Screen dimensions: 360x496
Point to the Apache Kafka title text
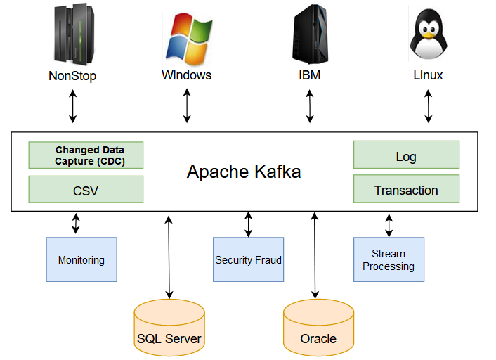pos(244,172)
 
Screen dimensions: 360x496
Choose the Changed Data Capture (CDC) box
pos(86,155)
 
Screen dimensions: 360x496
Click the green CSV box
pos(86,190)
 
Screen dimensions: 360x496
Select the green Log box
pos(406,156)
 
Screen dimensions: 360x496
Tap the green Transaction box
pos(406,190)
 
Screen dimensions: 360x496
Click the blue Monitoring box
pos(81,259)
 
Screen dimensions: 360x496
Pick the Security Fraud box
pos(248,259)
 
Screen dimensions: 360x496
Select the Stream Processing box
pos(389,259)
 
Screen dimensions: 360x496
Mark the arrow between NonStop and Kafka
pos(72,107)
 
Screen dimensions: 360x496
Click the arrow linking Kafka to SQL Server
pos(169,256)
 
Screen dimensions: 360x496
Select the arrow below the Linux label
pos(429,107)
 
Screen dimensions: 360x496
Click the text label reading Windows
pos(186,75)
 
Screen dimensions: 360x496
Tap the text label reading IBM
pos(309,75)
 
